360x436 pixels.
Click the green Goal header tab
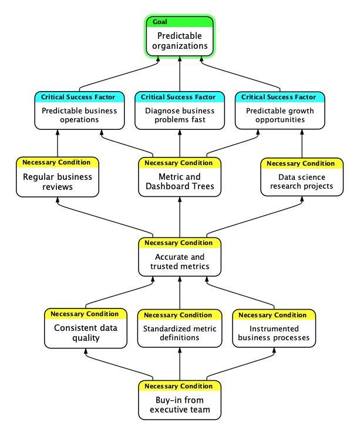coord(180,22)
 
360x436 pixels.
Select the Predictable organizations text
coord(180,41)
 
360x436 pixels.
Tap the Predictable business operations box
coord(79,115)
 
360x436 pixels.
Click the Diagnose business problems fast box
coord(180,115)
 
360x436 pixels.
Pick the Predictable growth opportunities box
coord(280,115)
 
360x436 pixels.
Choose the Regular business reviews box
coord(58,182)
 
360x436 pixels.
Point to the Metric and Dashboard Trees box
coord(180,182)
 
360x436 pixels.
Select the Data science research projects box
coord(301,182)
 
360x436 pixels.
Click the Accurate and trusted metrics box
coord(180,262)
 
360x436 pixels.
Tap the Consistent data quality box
coord(85,333)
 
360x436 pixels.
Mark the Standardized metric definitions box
coord(180,333)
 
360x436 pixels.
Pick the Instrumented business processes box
coord(274,333)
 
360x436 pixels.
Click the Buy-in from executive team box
coord(180,405)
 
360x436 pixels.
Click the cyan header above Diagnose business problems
coord(180,97)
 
